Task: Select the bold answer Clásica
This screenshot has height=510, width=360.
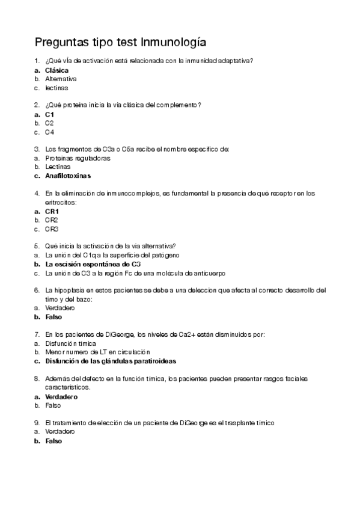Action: [x=56, y=70]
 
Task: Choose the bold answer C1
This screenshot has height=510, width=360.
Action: [x=50, y=114]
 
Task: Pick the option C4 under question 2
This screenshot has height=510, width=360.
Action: [x=50, y=132]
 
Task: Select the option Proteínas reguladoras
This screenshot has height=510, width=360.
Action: [x=78, y=158]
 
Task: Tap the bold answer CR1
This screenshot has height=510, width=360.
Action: [x=52, y=211]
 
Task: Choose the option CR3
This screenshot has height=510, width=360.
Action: [x=52, y=229]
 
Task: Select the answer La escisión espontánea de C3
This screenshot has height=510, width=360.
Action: [x=93, y=264]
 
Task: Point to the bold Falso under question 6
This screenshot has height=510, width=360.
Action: [x=53, y=317]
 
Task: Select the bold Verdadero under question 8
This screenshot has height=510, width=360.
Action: [x=61, y=396]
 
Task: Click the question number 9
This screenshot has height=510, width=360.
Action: [x=37, y=423]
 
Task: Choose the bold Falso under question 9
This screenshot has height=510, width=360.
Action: [x=53, y=440]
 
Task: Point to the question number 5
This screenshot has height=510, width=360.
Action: [x=37, y=246]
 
